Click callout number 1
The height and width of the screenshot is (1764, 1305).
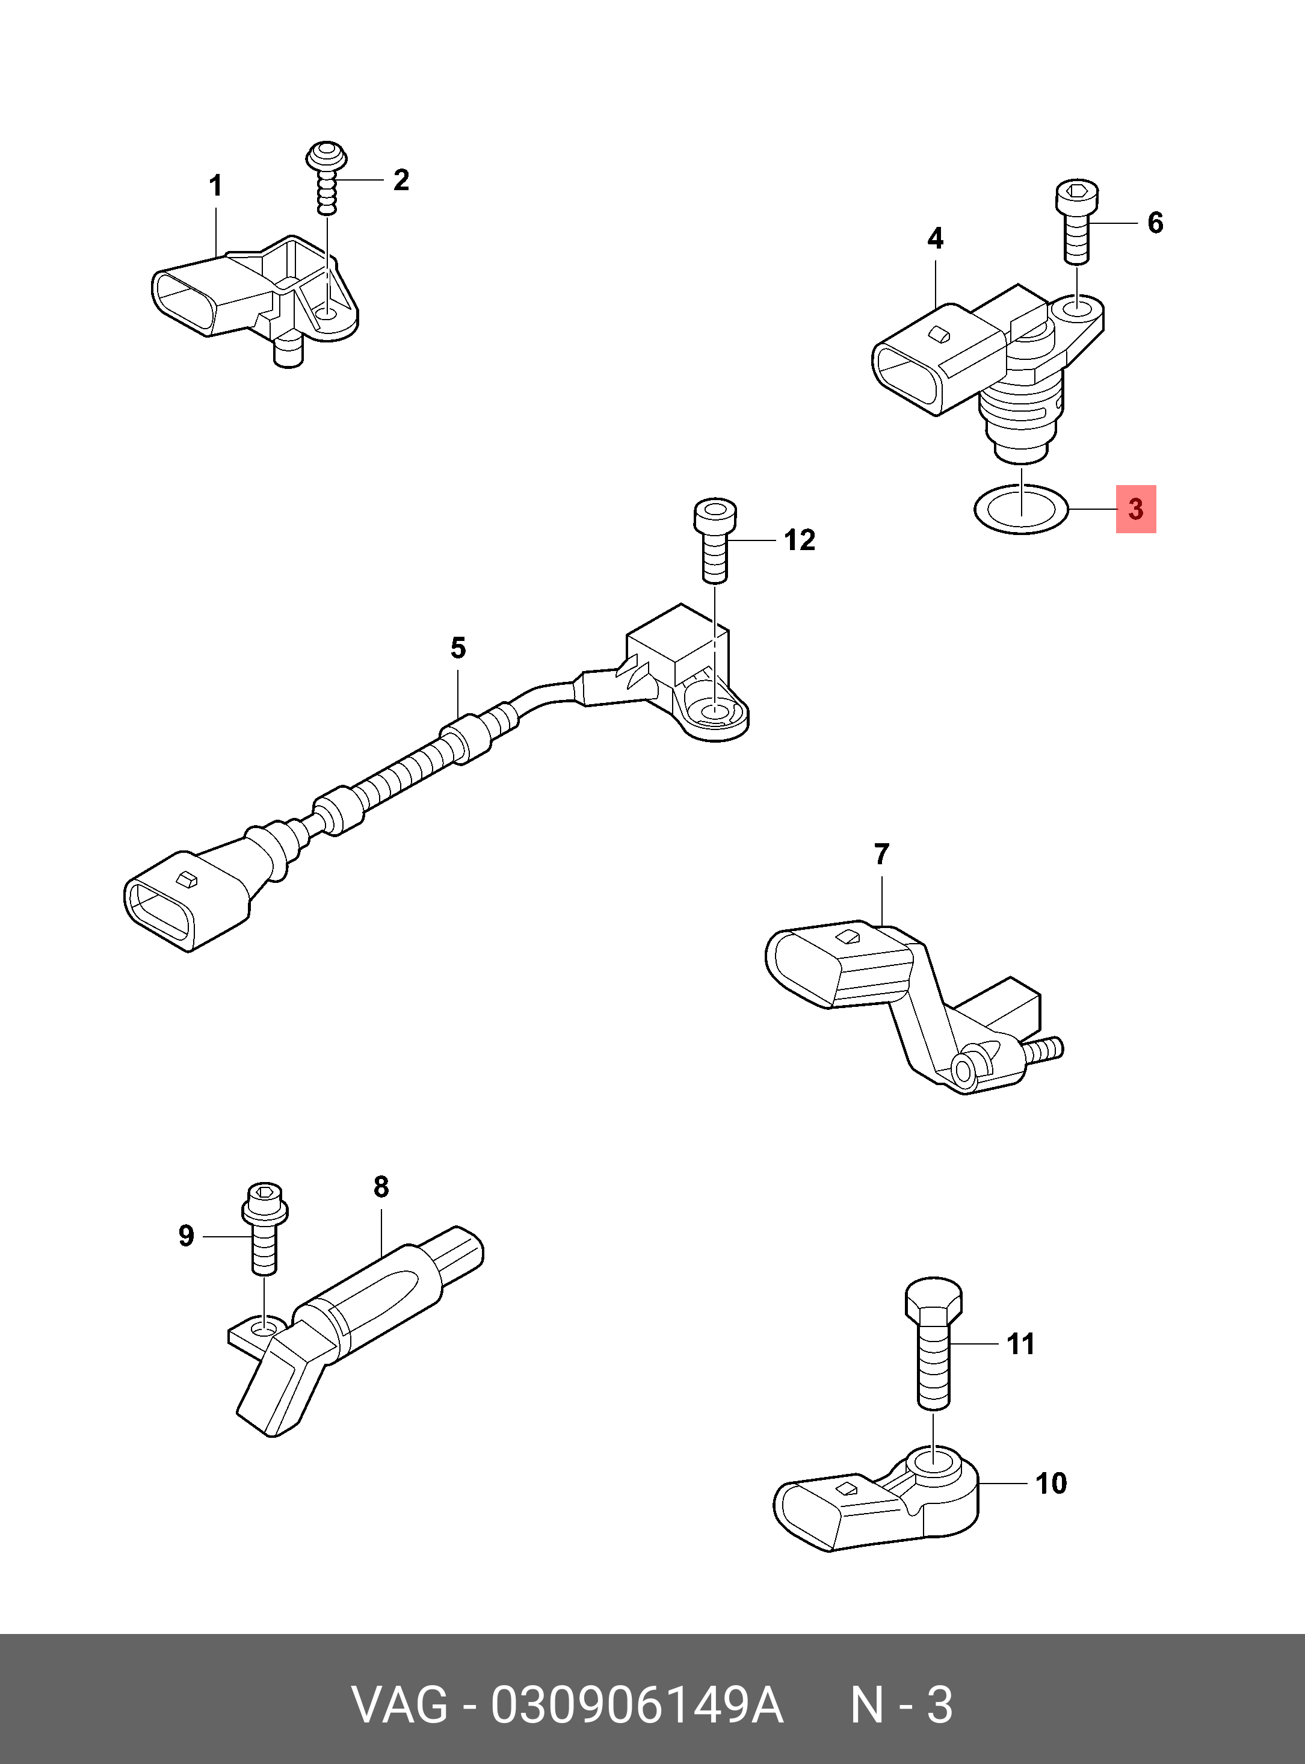(x=215, y=187)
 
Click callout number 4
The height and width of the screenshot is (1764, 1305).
(x=936, y=238)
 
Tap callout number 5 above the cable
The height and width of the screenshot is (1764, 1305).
(x=458, y=648)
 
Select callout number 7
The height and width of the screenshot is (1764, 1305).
(x=881, y=853)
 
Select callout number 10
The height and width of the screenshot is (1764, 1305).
(x=1050, y=1484)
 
